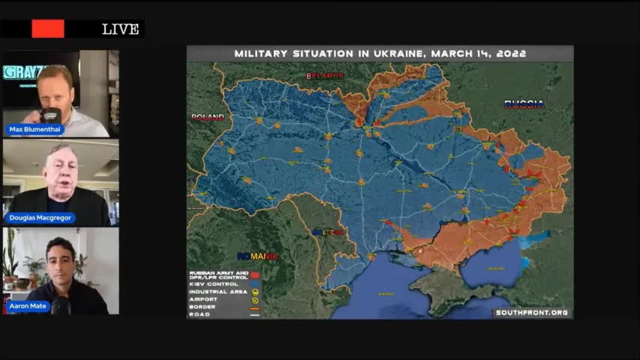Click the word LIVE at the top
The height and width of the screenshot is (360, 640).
(x=121, y=29)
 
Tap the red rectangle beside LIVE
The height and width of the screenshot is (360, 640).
(x=48, y=28)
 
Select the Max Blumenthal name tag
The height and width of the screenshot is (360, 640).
(x=36, y=130)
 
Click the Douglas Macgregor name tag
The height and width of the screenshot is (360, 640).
(x=42, y=217)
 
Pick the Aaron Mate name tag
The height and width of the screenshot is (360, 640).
(x=29, y=306)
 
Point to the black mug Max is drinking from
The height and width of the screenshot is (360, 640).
(x=51, y=116)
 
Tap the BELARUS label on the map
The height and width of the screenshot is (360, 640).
(x=324, y=76)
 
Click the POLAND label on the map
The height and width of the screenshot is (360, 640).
(x=208, y=118)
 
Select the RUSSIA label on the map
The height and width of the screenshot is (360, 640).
(x=524, y=104)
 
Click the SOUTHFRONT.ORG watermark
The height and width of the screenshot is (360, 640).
(x=531, y=313)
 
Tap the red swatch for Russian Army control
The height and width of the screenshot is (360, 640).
(x=255, y=275)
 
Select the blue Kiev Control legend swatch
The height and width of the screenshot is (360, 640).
(x=255, y=284)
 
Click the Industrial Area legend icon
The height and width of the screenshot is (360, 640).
(x=255, y=292)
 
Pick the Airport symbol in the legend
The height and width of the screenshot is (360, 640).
(x=255, y=299)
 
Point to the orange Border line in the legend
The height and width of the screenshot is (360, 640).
(x=255, y=307)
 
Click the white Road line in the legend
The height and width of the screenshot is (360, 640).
(x=255, y=314)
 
